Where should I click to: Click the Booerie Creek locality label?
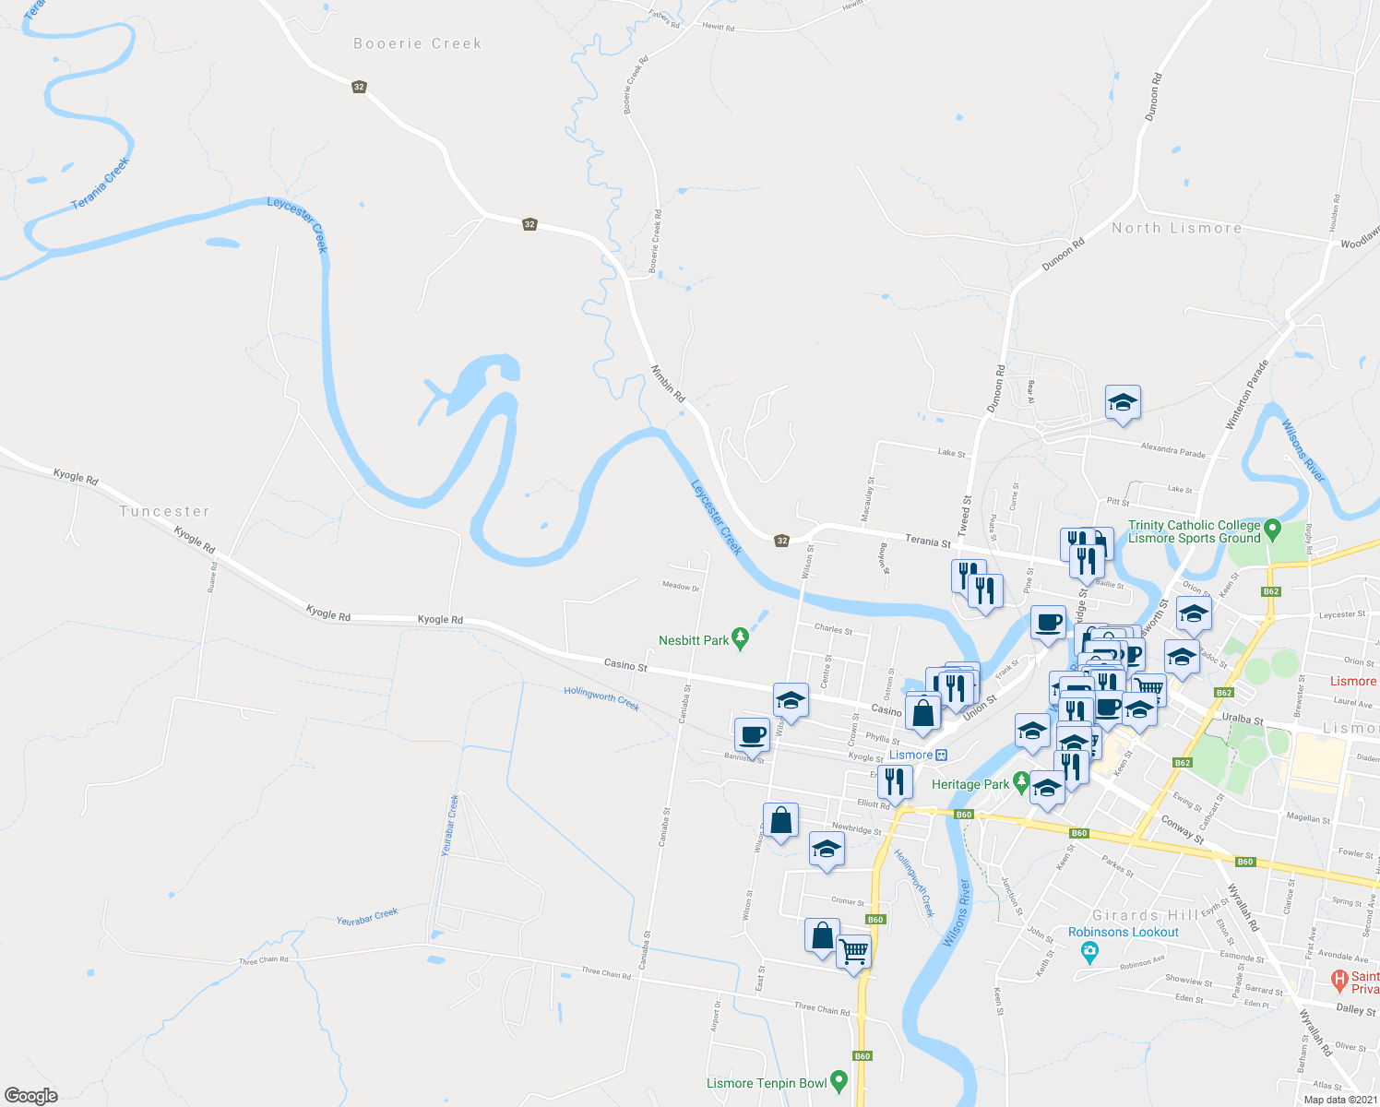tap(418, 43)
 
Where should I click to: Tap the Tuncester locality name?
tap(165, 511)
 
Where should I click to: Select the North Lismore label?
tap(1176, 228)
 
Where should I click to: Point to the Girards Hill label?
tap(1145, 915)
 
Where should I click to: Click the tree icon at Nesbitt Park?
tap(740, 639)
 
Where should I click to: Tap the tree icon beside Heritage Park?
tap(1021, 783)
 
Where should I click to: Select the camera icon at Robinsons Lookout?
tap(1090, 951)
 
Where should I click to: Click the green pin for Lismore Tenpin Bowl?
tap(839, 1081)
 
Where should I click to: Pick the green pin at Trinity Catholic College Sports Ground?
tap(1273, 530)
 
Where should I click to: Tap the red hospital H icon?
tap(1338, 978)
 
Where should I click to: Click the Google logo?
tap(30, 1095)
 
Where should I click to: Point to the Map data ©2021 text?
tap(1339, 1100)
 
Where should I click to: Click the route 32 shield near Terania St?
tap(782, 541)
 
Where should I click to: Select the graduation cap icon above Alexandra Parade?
tap(1123, 402)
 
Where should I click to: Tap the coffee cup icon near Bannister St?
tap(753, 735)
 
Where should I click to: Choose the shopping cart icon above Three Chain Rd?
tap(853, 949)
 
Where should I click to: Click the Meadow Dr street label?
tap(681, 587)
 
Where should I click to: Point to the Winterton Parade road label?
tap(1247, 395)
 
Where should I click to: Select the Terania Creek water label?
tap(101, 183)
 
